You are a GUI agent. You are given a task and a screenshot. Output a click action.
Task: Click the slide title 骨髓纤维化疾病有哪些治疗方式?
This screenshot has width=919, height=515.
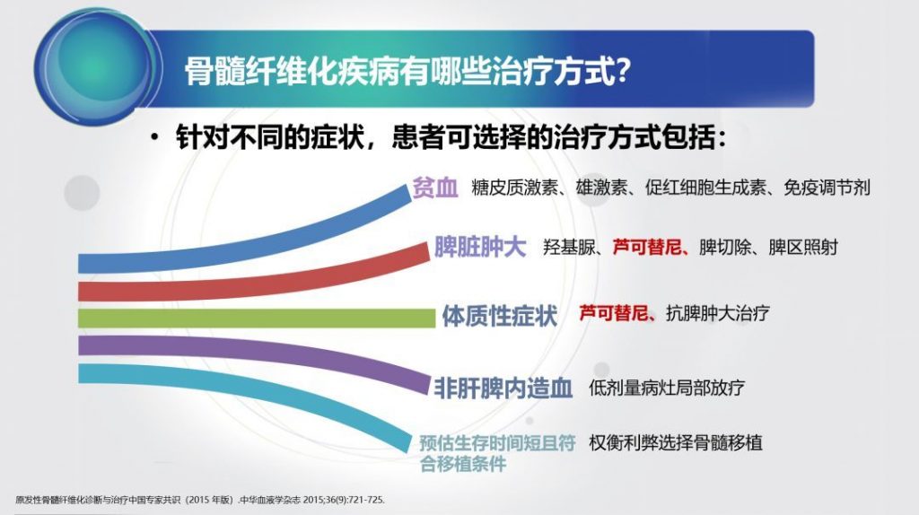(407, 72)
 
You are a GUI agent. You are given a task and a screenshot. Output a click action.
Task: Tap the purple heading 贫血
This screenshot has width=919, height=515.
(435, 188)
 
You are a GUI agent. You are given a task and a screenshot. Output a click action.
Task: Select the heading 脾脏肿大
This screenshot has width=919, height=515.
(480, 248)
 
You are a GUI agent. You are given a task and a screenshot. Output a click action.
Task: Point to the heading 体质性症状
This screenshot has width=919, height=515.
(499, 316)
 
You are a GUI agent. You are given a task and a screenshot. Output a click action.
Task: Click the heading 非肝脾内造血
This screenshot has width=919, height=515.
(503, 388)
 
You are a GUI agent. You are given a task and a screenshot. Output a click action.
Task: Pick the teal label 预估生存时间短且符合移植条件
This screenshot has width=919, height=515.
(497, 453)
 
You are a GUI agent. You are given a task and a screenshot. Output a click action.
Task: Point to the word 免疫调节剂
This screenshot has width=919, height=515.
(827, 188)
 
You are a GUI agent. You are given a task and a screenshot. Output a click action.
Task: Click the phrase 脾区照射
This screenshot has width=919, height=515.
(803, 248)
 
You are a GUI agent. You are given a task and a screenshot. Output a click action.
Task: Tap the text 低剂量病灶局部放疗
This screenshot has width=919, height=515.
(667, 388)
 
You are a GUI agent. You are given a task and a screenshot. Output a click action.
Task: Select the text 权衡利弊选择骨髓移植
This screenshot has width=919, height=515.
(676, 442)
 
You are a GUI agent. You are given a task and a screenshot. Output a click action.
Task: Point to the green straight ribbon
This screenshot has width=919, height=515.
(257, 319)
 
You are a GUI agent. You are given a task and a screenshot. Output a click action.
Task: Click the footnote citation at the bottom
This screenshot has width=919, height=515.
(200, 500)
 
